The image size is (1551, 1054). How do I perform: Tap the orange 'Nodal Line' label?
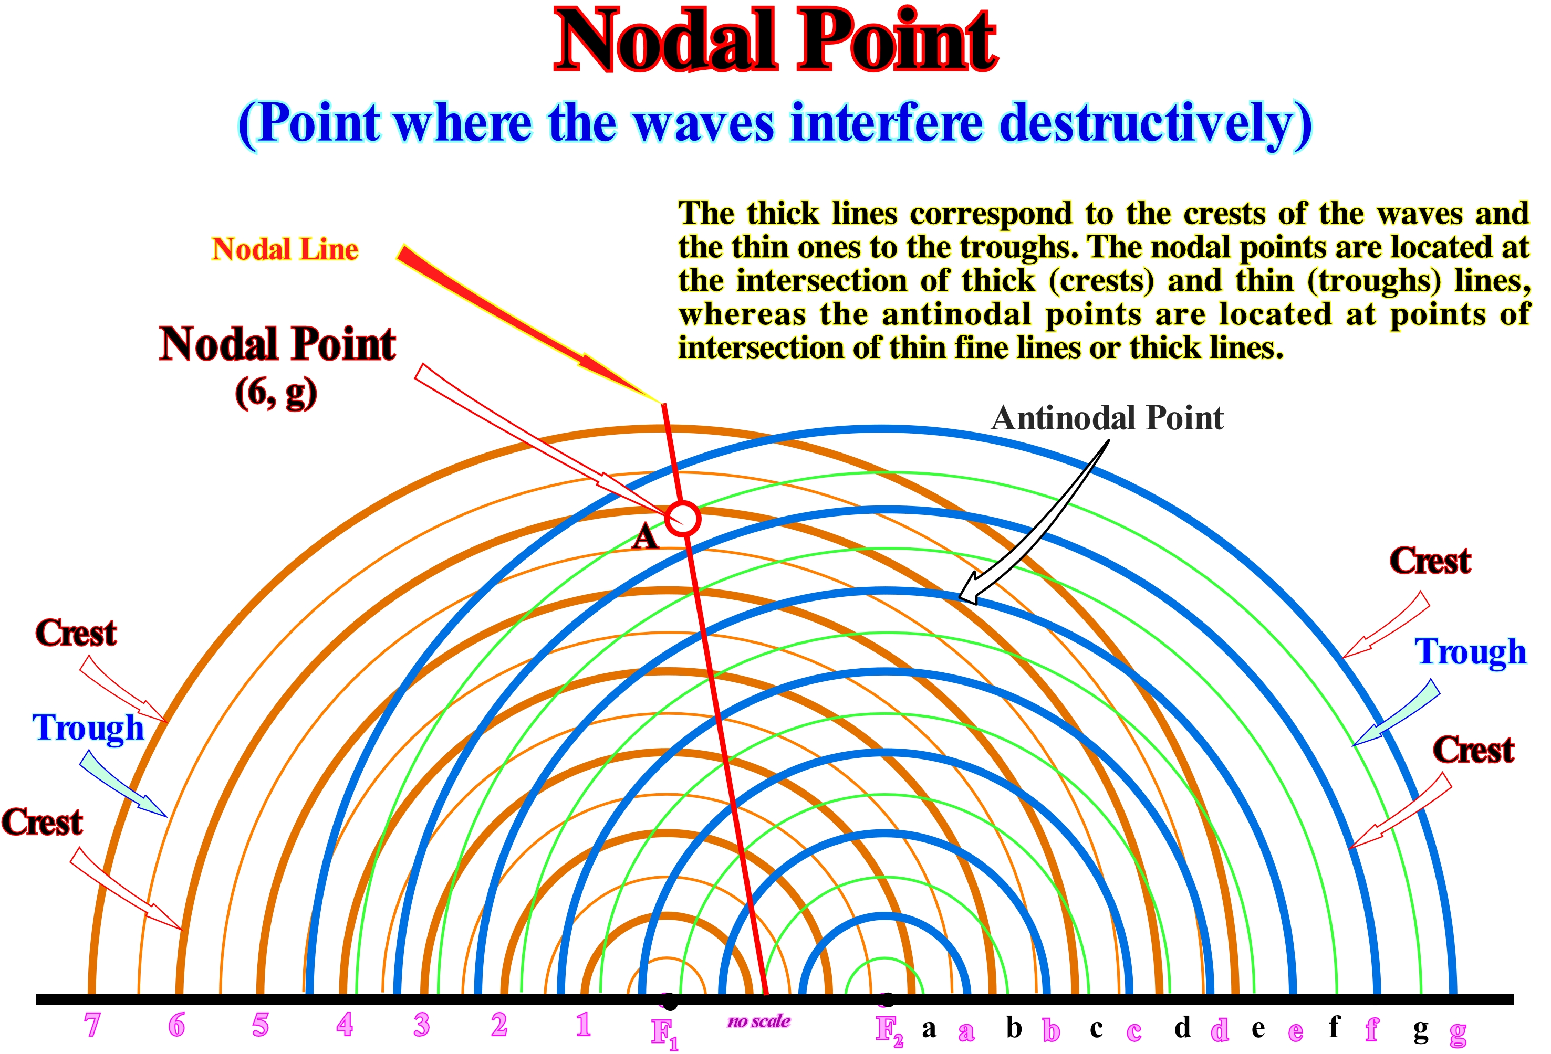point(285,249)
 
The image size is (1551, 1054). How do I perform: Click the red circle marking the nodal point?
point(682,518)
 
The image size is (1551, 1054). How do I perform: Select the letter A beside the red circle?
point(644,536)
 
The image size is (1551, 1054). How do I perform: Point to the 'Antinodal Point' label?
point(1107,418)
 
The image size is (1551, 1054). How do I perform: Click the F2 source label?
point(890,1031)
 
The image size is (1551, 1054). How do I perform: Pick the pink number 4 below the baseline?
point(345,1025)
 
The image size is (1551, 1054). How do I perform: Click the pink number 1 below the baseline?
point(584,1025)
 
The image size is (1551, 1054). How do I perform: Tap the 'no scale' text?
point(759,1021)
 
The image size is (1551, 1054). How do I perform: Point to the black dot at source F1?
point(669,1002)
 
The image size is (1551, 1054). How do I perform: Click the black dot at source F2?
point(888,999)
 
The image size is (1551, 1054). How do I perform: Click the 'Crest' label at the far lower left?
point(42,822)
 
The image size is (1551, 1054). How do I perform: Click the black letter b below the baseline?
point(1014,1027)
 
